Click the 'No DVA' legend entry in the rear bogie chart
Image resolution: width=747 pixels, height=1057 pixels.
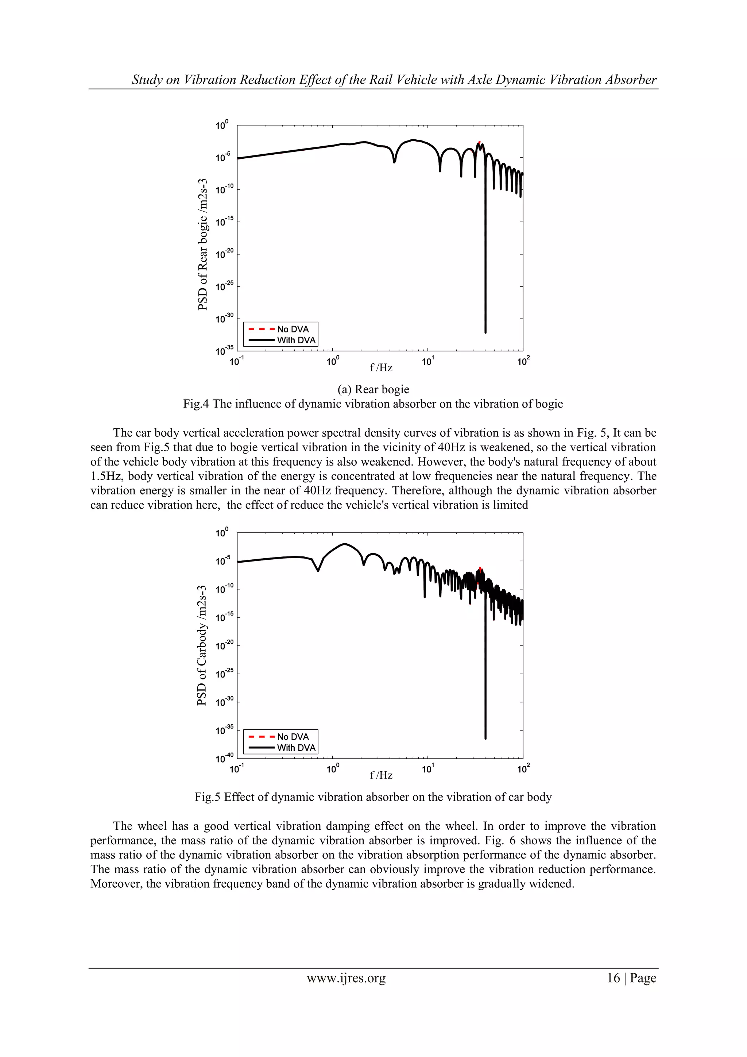click(x=293, y=329)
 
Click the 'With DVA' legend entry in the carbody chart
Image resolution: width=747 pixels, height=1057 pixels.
click(x=296, y=748)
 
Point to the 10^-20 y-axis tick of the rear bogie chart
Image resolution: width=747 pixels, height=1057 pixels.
click(x=224, y=253)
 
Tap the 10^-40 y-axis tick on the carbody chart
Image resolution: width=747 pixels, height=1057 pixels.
click(x=224, y=758)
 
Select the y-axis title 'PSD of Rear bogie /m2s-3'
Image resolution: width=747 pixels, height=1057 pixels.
click(x=203, y=244)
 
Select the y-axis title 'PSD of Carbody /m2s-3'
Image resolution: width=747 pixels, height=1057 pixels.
click(x=202, y=645)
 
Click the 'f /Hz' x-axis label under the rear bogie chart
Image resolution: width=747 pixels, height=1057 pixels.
click(x=381, y=367)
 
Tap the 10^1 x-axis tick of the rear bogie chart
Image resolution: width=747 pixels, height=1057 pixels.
click(x=427, y=361)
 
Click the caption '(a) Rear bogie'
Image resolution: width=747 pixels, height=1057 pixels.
click(x=373, y=389)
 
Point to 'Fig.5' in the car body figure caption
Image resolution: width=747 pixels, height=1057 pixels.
click(x=207, y=797)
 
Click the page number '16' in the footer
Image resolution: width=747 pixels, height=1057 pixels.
click(x=613, y=978)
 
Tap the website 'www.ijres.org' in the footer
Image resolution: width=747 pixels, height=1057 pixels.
click(x=346, y=978)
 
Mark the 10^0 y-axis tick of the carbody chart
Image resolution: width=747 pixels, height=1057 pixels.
click(x=222, y=533)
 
